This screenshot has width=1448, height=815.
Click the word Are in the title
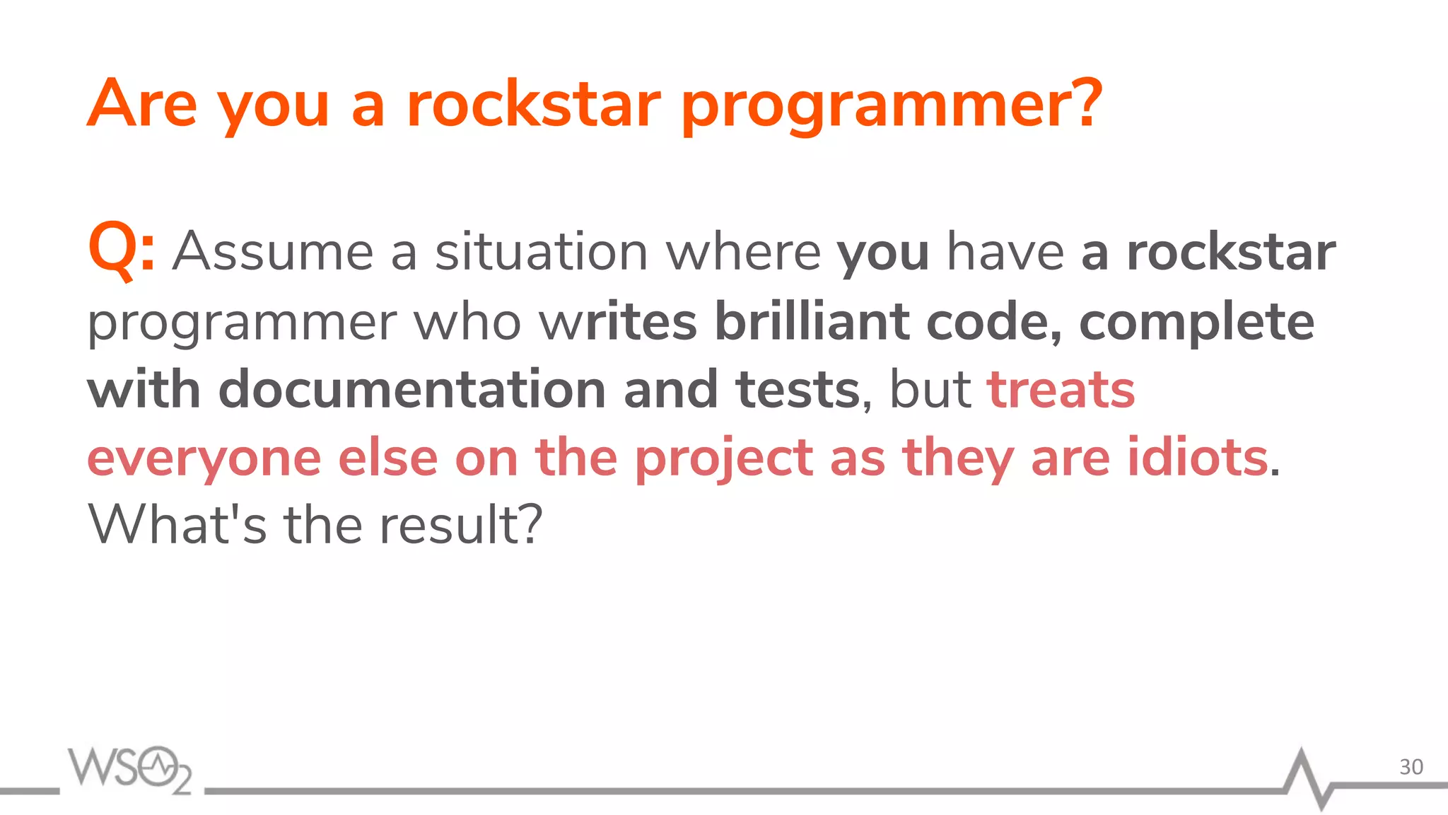point(141,104)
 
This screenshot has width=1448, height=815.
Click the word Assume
point(273,252)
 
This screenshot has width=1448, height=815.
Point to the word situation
point(541,252)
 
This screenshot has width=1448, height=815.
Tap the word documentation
point(411,390)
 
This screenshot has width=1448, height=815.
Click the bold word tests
point(798,391)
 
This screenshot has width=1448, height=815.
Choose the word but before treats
point(930,390)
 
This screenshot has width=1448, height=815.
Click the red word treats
point(1061,391)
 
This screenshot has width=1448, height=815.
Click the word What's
point(177,525)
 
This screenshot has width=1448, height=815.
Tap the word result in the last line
point(460,525)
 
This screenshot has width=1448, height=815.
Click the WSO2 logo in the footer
point(129,770)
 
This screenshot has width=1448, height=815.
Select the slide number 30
point(1411,767)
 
